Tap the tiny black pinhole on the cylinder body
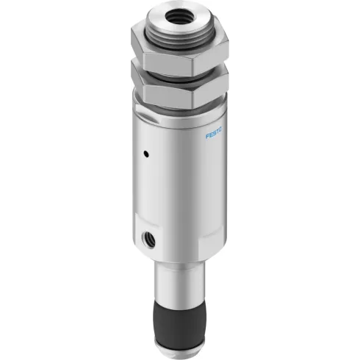tap(146, 154)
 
